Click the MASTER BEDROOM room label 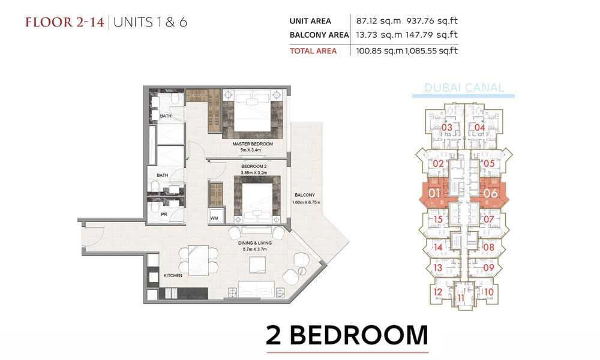pyautogui.click(x=253, y=144)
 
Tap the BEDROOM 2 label pyautogui.click(x=254, y=166)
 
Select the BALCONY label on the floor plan pyautogui.click(x=305, y=195)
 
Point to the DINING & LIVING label pyautogui.click(x=254, y=243)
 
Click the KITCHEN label pyautogui.click(x=173, y=275)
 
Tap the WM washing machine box pyautogui.click(x=214, y=218)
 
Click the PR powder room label pyautogui.click(x=164, y=215)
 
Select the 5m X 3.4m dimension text pyautogui.click(x=251, y=150)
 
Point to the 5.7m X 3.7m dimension pyautogui.click(x=254, y=249)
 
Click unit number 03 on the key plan pyautogui.click(x=446, y=127)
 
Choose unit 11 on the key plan pyautogui.click(x=461, y=298)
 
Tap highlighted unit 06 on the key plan pyautogui.click(x=490, y=193)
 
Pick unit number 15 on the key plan pyautogui.click(x=438, y=219)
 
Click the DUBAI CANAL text pyautogui.click(x=464, y=88)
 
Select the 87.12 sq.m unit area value pyautogui.click(x=379, y=20)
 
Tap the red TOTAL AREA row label pyautogui.click(x=313, y=51)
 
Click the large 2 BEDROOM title pyautogui.click(x=347, y=335)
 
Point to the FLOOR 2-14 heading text pyautogui.click(x=65, y=22)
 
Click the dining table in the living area pyautogui.click(x=199, y=260)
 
